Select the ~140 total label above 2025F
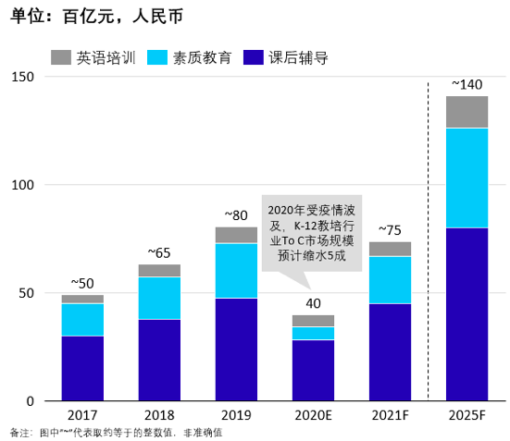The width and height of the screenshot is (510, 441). pos(466,84)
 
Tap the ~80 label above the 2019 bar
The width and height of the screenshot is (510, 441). pos(236,215)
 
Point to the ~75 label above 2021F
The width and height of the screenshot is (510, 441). pos(390,230)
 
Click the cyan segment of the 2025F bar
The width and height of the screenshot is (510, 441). pos(466,178)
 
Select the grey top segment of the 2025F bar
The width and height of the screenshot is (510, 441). pos(466,112)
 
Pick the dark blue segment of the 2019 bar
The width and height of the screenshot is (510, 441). pos(236,349)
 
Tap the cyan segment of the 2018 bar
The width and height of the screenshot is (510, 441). pos(159,298)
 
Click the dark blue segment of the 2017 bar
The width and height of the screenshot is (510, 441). pos(82,368)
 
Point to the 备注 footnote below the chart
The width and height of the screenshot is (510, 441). pos(116,433)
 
